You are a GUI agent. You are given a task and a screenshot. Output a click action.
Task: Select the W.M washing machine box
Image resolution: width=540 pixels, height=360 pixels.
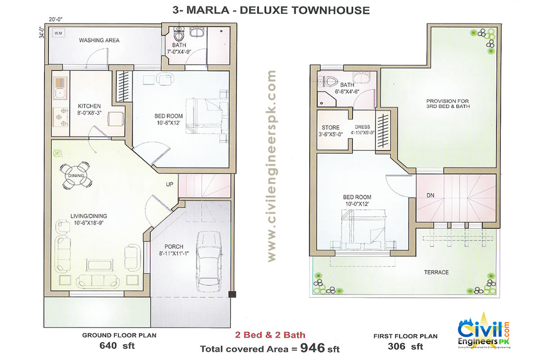tap(58, 33)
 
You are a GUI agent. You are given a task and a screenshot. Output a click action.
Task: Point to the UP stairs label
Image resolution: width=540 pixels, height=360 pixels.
tap(170, 184)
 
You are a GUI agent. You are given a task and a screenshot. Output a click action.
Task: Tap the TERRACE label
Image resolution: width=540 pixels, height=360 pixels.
tap(436, 272)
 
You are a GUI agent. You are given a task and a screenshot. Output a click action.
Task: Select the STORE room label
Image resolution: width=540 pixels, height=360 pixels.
tap(331, 127)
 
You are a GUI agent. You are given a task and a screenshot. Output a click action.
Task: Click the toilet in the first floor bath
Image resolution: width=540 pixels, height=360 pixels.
tap(330, 81)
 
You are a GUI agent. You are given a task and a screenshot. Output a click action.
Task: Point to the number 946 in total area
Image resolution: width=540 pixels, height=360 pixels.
tap(313, 348)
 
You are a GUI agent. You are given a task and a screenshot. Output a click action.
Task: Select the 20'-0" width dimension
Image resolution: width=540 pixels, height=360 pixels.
tap(56, 19)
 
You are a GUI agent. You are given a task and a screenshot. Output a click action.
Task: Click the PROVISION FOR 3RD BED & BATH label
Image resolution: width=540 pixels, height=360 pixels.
tap(448, 103)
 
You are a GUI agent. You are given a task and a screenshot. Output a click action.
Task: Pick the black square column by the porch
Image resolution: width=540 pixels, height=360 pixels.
tap(232, 295)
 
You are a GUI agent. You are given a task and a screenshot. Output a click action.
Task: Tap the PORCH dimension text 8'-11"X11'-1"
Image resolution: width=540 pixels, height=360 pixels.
tap(173, 253)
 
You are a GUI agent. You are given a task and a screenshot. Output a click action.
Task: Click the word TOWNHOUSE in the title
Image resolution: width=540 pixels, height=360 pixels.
tap(330, 9)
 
